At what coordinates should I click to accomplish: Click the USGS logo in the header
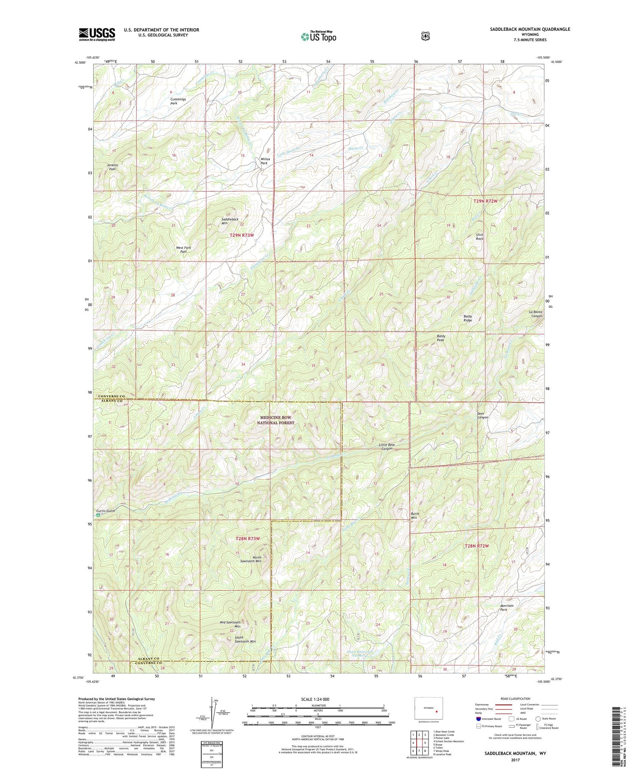tap(97, 34)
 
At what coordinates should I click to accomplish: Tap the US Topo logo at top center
tap(318, 36)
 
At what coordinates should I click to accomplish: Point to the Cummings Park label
tap(178, 101)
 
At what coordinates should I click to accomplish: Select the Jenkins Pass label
tap(113, 167)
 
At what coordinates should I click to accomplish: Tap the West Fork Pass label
tap(183, 250)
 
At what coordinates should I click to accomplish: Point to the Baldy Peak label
tap(440, 338)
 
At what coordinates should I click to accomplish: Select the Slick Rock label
tap(479, 236)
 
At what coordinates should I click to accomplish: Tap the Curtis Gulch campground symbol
tap(98, 515)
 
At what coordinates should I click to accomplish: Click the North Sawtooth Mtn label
tap(257, 559)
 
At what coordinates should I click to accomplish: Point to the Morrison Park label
tap(507, 607)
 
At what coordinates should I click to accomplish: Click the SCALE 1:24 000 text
tap(315, 699)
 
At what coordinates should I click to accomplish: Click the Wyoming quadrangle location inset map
tap(428, 708)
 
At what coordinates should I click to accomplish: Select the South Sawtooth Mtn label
tap(245, 639)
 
